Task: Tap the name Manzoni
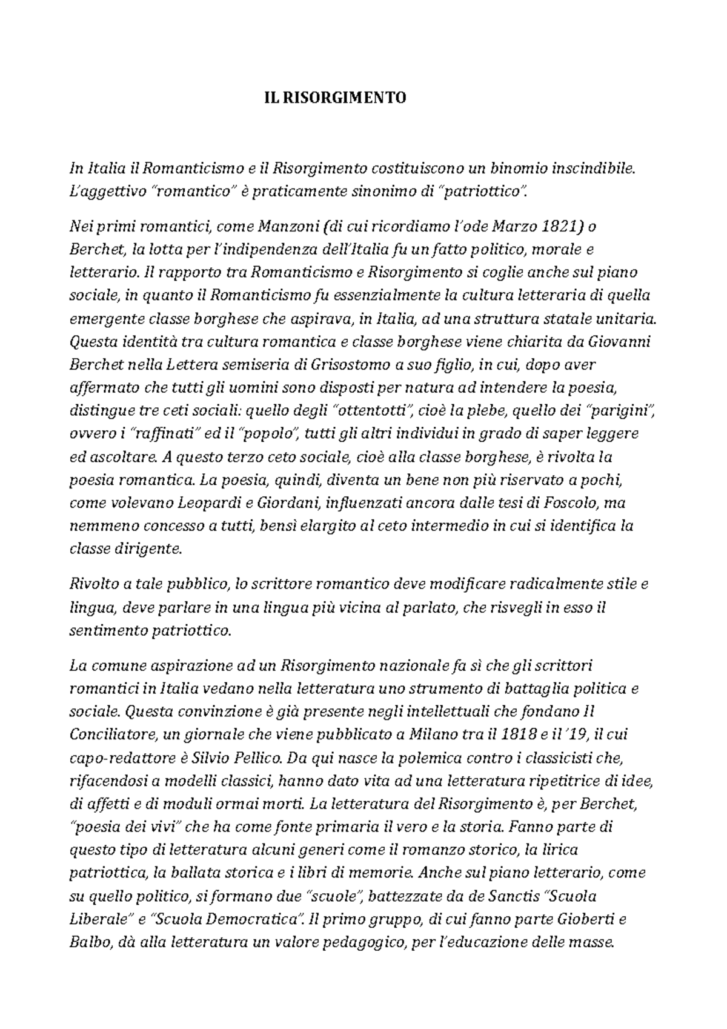[288, 227]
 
